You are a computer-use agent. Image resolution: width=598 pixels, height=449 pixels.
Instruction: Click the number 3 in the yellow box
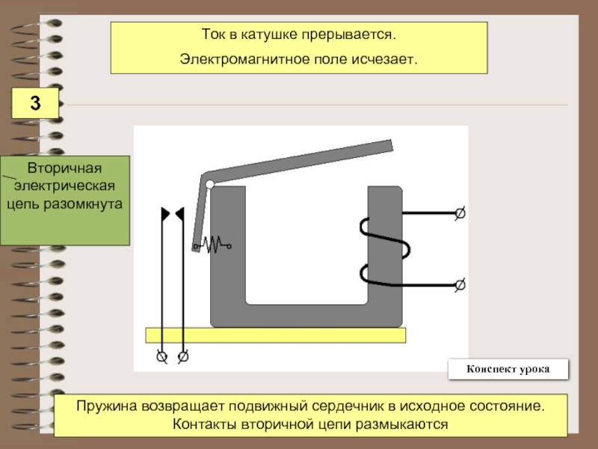(35, 103)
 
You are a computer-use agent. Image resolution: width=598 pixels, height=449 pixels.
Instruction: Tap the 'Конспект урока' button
(508, 369)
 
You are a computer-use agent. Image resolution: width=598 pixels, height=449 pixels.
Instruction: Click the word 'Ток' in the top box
(213, 34)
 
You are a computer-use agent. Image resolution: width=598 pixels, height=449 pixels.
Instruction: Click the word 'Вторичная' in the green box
(64, 168)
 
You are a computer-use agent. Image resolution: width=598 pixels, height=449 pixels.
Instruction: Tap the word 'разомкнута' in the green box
(83, 204)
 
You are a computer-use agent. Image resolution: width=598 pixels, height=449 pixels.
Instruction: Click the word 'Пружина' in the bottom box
(106, 406)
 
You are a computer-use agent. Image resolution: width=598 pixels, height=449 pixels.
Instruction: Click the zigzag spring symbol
(212, 245)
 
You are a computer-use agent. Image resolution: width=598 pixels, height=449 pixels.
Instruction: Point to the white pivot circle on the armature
(210, 184)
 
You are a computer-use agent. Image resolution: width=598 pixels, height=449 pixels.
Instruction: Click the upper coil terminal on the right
(460, 213)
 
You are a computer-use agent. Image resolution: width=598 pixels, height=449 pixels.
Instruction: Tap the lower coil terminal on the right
(460, 284)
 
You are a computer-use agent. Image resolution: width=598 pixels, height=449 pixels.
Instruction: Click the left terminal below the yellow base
(161, 357)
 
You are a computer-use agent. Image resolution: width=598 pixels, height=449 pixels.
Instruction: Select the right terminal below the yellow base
(183, 357)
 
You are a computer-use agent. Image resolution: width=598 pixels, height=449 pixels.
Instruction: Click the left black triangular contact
(165, 214)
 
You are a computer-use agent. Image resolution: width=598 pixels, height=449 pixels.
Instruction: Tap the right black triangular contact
(180, 214)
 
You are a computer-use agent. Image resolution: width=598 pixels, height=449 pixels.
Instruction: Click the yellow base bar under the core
(276, 335)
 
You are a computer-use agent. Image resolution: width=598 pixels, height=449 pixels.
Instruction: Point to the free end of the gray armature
(391, 145)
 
